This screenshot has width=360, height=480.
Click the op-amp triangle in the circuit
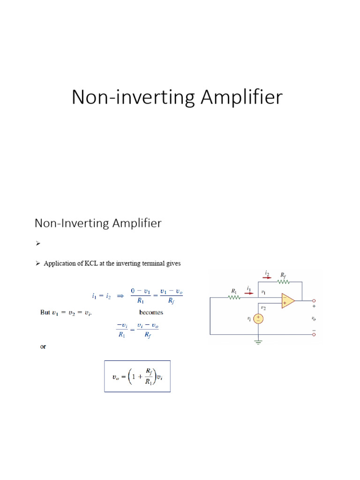pos(288,301)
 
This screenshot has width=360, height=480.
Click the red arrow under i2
pos(267,277)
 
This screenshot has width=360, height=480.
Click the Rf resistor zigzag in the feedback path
pos(284,282)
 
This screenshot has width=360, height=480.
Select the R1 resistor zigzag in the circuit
pos(234,297)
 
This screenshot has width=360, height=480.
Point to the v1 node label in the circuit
pos(263,292)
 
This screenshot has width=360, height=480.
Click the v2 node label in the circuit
pos(263,308)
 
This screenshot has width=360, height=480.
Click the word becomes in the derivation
pos(151,312)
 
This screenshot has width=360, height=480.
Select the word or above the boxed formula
pos(43,347)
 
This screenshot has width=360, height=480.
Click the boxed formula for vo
pos(137,376)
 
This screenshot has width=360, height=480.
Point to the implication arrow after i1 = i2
pos(120,296)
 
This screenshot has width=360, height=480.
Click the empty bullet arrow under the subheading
pos(37,244)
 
